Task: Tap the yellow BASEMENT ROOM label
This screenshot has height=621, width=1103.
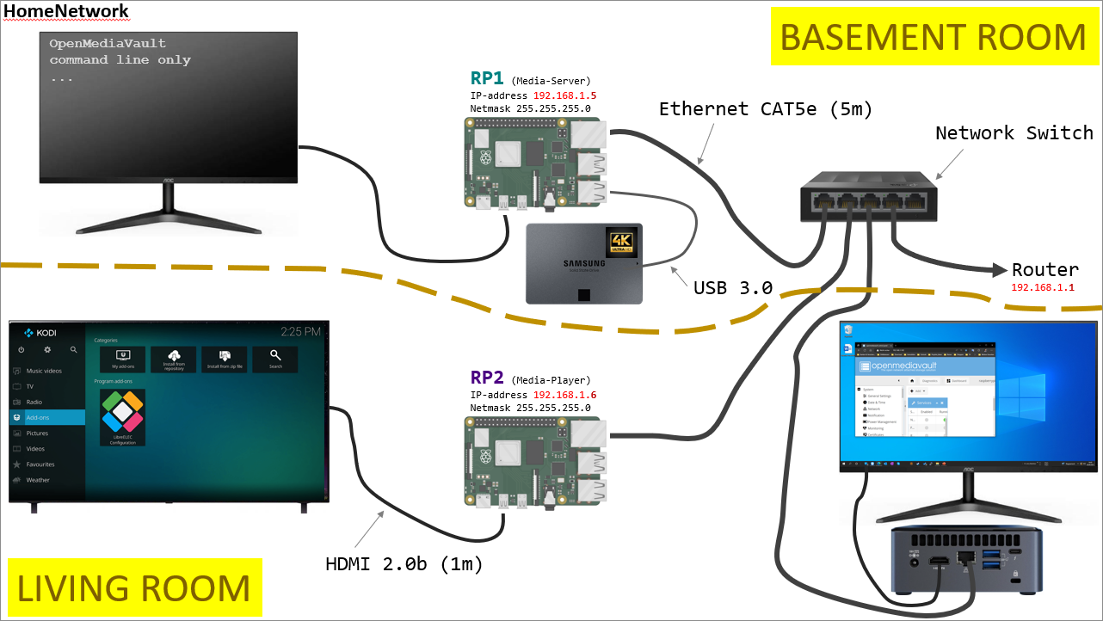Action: click(933, 38)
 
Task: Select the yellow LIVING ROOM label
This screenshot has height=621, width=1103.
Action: click(133, 588)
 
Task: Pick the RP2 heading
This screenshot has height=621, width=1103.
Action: click(487, 377)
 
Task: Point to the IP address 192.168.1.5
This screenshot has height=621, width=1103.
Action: click(565, 95)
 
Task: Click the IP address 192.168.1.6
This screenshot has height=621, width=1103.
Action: click(565, 395)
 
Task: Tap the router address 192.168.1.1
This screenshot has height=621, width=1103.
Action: click(1043, 287)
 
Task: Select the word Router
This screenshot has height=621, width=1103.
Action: click(1044, 270)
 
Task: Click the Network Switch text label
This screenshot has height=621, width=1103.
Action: click(1014, 133)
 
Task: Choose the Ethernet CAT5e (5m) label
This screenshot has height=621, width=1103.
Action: click(766, 109)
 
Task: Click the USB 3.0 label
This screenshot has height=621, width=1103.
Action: click(732, 287)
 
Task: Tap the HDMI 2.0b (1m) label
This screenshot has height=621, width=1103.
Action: click(404, 565)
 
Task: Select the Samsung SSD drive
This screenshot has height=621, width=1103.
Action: click(584, 263)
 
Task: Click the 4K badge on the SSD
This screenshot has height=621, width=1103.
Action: click(620, 242)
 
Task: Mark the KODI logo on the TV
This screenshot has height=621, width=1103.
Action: click(40, 332)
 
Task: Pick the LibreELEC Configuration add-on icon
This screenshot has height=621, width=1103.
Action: click(122, 416)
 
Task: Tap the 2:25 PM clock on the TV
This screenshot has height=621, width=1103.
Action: click(300, 331)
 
